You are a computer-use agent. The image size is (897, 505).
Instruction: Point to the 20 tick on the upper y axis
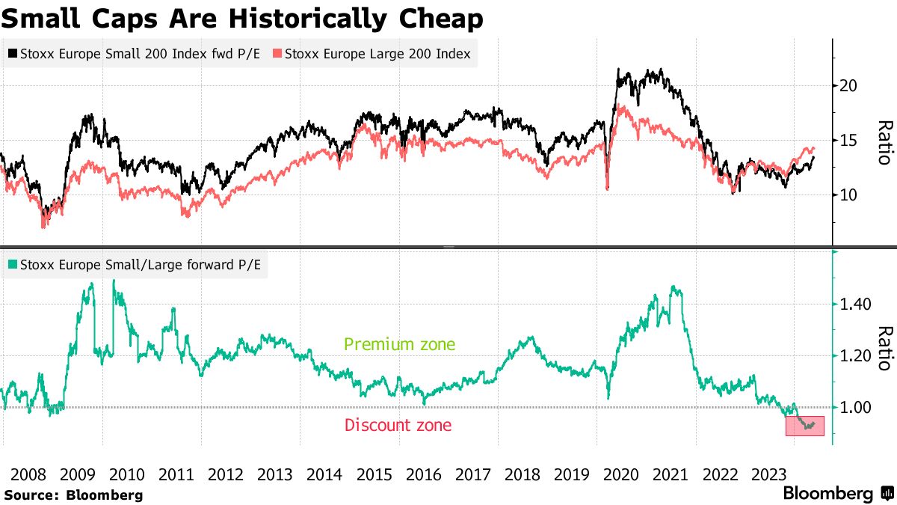[848, 85]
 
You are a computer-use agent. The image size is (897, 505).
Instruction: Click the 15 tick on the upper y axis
[848, 140]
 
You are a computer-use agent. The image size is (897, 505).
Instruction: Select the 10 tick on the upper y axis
[848, 195]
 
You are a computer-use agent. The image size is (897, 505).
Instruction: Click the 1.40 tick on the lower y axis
[854, 304]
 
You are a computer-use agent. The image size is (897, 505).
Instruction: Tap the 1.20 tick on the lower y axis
[854, 356]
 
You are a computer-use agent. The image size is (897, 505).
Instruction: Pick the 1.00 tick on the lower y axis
[854, 408]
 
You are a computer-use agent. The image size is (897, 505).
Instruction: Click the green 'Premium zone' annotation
[399, 345]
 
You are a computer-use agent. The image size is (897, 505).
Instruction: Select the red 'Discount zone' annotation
[398, 426]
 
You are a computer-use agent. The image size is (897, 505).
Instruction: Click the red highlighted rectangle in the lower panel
[804, 426]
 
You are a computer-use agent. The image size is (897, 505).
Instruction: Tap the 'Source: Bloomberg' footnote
[73, 495]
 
